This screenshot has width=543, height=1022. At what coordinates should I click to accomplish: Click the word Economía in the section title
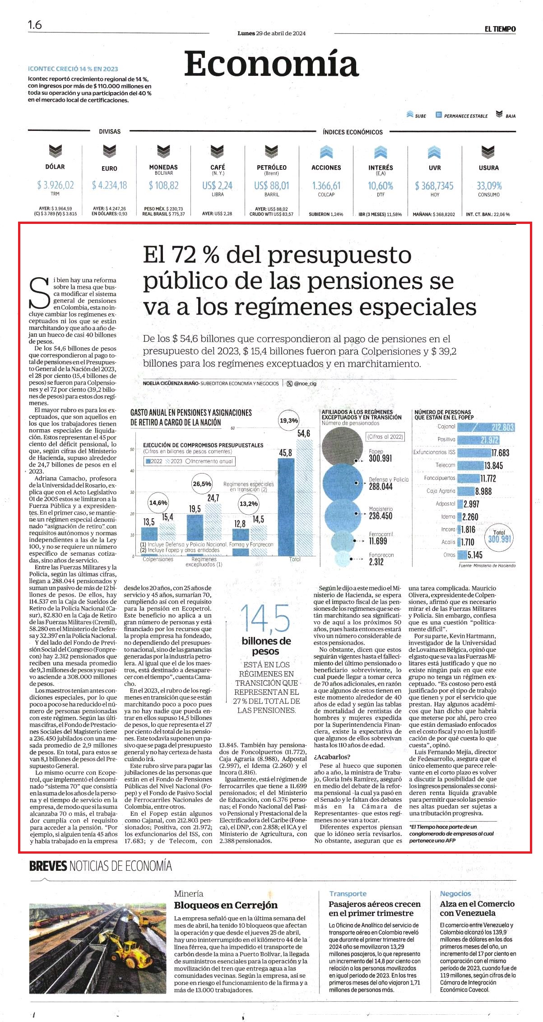271,64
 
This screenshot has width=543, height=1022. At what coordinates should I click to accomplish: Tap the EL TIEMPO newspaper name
500,29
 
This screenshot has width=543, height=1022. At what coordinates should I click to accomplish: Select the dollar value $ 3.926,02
55,185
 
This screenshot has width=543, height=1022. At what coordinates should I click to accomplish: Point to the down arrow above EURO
109,151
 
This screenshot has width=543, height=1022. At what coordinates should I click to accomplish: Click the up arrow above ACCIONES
326,152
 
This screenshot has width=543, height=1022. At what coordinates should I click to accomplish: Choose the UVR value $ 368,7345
434,186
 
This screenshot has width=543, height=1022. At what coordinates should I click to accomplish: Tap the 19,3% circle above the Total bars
289,421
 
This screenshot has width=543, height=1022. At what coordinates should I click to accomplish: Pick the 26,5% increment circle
202,484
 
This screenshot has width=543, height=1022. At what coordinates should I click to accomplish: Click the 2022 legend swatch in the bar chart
148,461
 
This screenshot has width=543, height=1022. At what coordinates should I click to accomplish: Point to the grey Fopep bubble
343,445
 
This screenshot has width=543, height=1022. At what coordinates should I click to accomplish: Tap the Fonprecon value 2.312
376,562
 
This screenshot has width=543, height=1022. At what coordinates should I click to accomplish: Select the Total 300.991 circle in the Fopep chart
500,536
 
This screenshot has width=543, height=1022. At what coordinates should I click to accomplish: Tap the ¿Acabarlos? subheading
332,757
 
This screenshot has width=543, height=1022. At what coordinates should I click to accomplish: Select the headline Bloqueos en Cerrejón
226,905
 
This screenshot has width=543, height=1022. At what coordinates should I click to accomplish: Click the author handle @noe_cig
305,383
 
